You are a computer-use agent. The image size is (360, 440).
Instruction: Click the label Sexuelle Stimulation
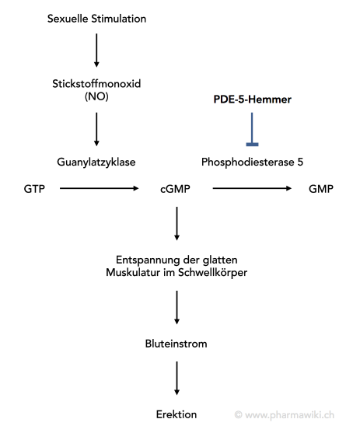(96, 19)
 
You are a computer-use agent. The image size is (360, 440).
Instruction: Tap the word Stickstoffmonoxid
(96, 84)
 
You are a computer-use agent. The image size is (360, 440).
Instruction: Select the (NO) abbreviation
(96, 96)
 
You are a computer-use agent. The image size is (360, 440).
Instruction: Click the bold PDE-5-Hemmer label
(252, 100)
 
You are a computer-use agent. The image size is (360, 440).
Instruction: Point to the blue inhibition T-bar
(252, 129)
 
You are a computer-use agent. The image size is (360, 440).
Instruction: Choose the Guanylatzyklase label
(96, 162)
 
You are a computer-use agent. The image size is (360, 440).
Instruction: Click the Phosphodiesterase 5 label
(252, 162)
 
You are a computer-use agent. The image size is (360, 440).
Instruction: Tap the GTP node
(34, 189)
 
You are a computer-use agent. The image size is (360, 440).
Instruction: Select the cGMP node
(175, 189)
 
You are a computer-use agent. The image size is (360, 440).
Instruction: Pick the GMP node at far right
(321, 189)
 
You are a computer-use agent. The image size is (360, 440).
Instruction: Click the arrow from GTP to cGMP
(100, 188)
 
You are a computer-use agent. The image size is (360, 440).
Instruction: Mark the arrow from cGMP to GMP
(252, 188)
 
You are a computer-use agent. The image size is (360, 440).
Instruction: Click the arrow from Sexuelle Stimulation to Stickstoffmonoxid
(96, 51)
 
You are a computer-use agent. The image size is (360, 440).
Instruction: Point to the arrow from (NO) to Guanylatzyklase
(96, 129)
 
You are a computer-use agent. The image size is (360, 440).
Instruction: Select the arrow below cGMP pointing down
(177, 224)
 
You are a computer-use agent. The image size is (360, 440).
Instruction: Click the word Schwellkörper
(212, 273)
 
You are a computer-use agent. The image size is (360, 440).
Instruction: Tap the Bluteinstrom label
(177, 344)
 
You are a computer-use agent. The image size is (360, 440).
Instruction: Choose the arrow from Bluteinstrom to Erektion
(177, 379)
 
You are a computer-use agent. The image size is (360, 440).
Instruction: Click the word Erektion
(177, 414)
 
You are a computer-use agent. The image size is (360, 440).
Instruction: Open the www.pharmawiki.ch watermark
(285, 415)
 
